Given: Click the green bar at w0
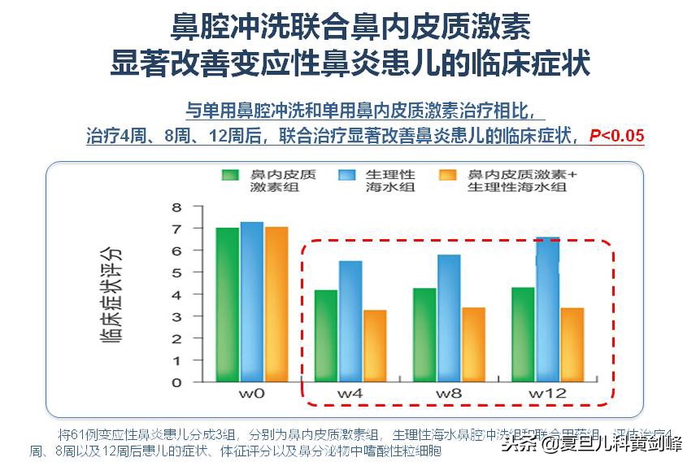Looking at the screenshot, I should pos(228,305).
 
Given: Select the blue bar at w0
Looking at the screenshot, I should pos(252,302).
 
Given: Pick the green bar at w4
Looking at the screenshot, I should pos(325,336).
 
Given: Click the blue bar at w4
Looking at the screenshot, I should pos(350,321).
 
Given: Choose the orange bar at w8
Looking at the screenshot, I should pos(473,345).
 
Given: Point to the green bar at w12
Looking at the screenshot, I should pos(523,334).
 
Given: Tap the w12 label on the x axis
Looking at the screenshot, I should pos(547,394).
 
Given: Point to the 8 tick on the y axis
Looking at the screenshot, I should pos(176,207).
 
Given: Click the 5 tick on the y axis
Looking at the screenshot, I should pos(176,272).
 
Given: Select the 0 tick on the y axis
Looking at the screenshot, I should pos(176,382).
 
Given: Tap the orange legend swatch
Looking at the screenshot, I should pos(446,175).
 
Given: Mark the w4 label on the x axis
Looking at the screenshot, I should pos(350,394).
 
